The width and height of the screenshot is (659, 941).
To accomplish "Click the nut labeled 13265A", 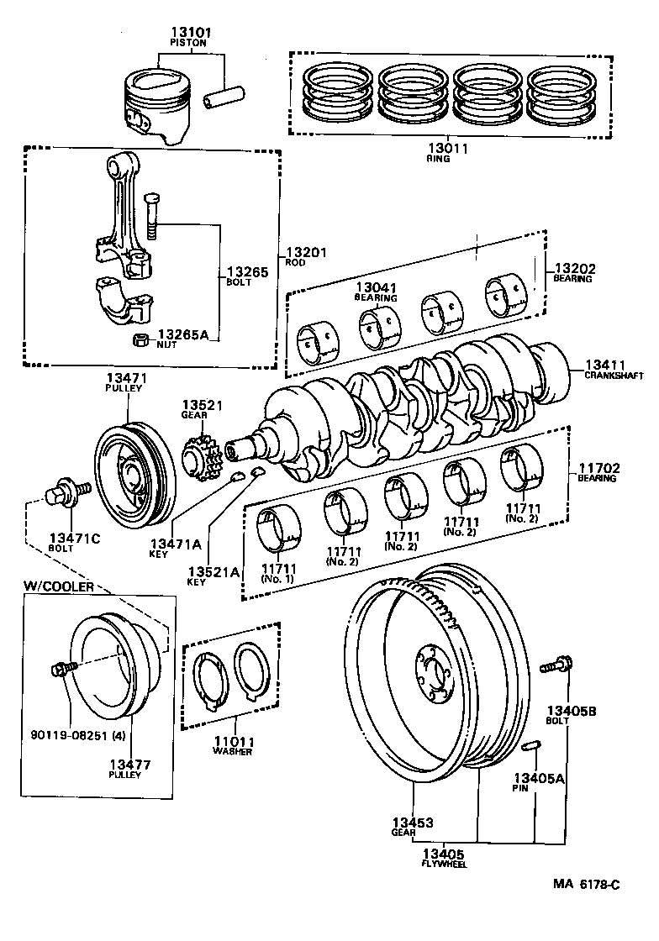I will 142,339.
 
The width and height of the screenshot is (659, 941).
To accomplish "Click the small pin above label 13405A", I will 530,746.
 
